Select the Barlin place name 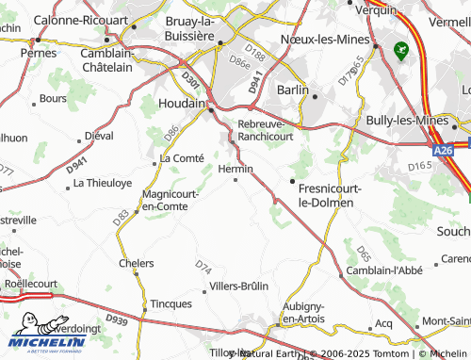point(293,89)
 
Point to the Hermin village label point(235,169)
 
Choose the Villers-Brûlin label point(238,286)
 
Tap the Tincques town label point(171,303)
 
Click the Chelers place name point(137,263)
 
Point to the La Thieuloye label point(103,182)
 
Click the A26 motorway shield point(444,150)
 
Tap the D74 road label point(203,267)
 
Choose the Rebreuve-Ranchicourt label point(267,130)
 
